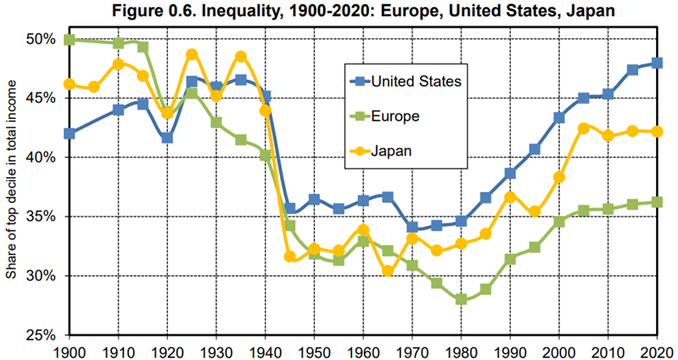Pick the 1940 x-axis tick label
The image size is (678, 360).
pos(266,350)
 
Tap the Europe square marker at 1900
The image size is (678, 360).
pos(69,40)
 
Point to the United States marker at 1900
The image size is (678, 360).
pos(69,133)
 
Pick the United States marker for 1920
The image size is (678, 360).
pos(167,138)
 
